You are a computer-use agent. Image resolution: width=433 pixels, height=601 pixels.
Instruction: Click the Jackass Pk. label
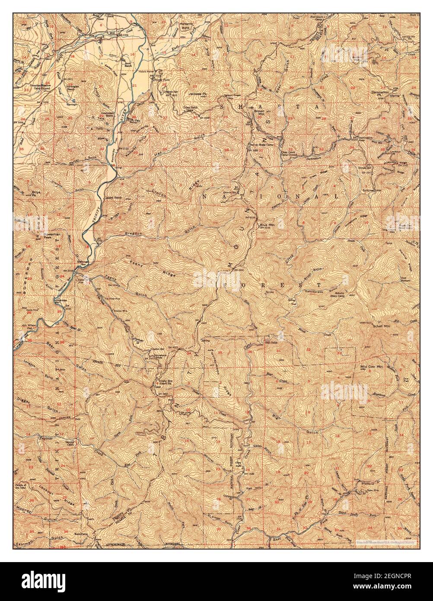197,93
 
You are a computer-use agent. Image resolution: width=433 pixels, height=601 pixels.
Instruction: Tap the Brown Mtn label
259,112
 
